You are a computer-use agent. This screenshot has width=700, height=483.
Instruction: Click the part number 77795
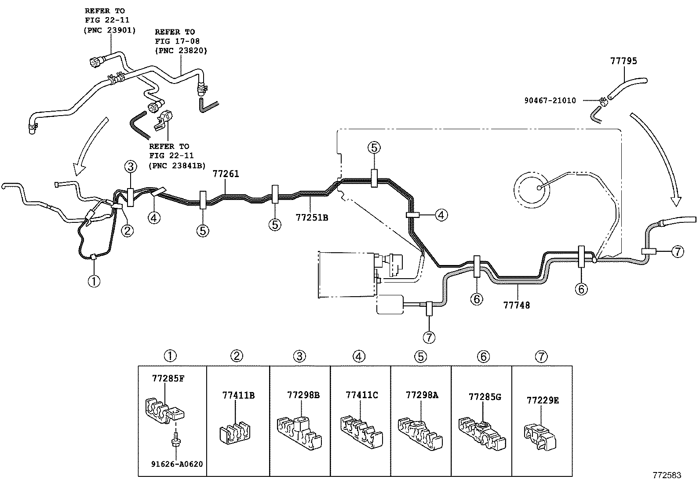tap(623, 61)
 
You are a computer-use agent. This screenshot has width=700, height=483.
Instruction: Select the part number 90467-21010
tap(550, 101)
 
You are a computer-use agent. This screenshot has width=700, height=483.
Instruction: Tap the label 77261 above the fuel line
tap(226, 174)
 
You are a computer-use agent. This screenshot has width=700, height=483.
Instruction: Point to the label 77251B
tap(312, 217)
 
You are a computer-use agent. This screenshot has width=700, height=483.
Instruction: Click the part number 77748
tap(517, 305)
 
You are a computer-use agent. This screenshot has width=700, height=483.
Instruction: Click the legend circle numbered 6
tap(483, 356)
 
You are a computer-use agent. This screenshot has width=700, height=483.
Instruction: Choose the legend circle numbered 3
tap(299, 356)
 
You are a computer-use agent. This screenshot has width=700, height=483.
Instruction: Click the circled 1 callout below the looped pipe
tap(94, 280)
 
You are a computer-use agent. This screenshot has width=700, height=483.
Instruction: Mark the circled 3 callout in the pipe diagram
tap(130, 167)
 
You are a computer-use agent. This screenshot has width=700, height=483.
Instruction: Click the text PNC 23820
tap(181, 51)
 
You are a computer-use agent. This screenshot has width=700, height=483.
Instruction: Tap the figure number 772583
tap(667, 475)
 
